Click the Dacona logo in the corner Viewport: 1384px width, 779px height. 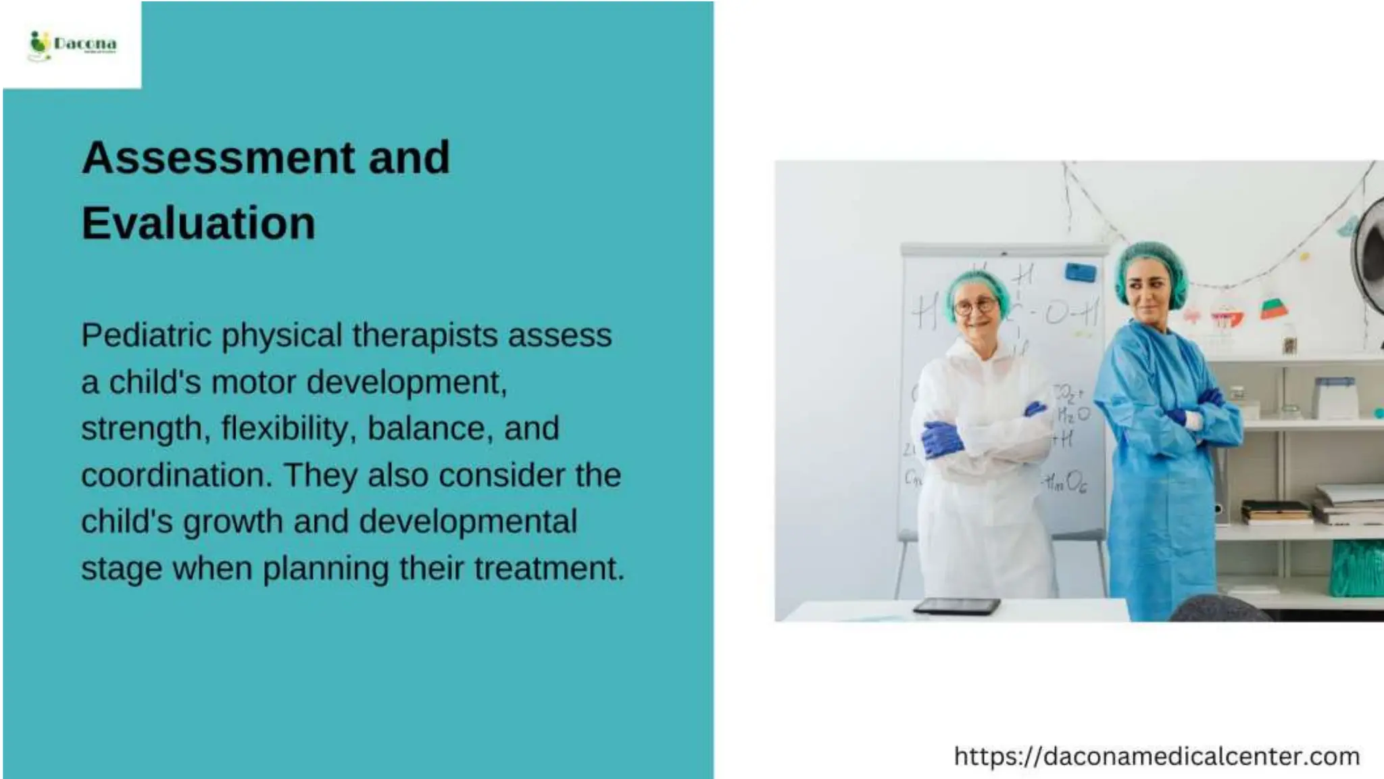click(72, 45)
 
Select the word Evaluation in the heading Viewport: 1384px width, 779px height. click(198, 223)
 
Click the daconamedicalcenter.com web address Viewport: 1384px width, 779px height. click(1156, 756)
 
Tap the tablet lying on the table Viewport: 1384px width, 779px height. click(956, 606)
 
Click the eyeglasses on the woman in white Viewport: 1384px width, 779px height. click(976, 306)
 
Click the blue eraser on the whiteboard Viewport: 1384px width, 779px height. click(1080, 273)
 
